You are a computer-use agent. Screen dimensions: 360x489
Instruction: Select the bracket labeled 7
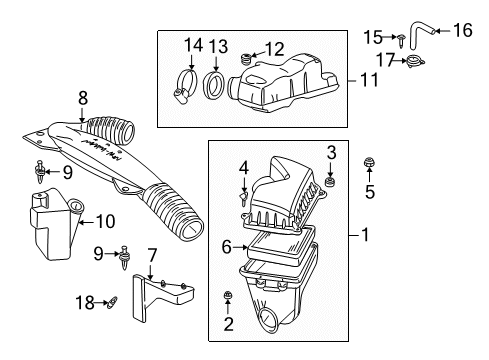point(164,301)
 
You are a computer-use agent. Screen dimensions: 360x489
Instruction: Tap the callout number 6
point(226,245)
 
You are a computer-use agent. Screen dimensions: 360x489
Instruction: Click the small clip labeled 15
point(400,41)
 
